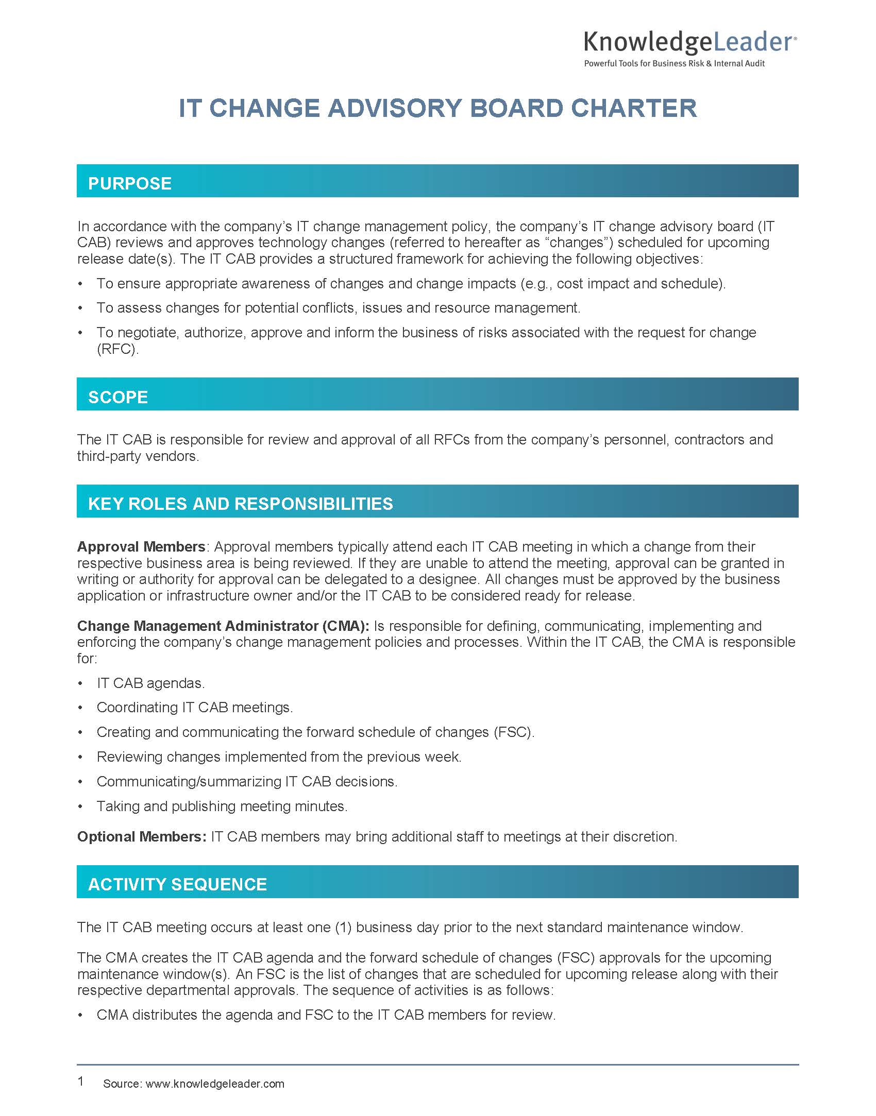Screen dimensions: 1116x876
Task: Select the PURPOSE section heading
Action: pyautogui.click(x=130, y=183)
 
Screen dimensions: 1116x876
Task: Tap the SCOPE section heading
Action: pyautogui.click(x=118, y=397)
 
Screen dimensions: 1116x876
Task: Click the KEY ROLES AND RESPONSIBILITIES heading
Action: pyautogui.click(x=240, y=504)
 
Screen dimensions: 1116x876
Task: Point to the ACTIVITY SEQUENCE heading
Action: pyautogui.click(x=177, y=884)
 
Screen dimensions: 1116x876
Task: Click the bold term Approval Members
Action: pyautogui.click(x=141, y=546)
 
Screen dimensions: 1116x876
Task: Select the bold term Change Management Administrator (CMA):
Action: pyautogui.click(x=223, y=626)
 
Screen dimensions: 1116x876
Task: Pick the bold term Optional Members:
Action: pyautogui.click(x=142, y=836)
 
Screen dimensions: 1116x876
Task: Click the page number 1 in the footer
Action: pyautogui.click(x=80, y=1081)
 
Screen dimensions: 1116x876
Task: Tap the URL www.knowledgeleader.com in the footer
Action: pyautogui.click(x=215, y=1084)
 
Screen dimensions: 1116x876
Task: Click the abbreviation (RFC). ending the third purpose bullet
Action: pyautogui.click(x=118, y=349)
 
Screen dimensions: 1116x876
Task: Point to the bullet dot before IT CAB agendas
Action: pyautogui.click(x=80, y=683)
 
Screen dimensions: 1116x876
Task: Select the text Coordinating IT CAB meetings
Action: pyautogui.click(x=195, y=708)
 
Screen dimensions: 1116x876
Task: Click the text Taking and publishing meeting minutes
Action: pyautogui.click(x=222, y=806)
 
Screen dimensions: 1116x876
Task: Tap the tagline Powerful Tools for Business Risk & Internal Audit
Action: pyautogui.click(x=674, y=63)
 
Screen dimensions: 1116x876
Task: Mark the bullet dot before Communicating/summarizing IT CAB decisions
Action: pyautogui.click(x=80, y=782)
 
